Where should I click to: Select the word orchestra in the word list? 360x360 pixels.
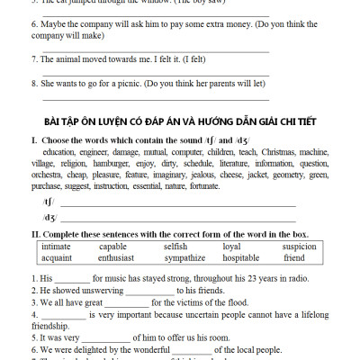click(48, 176)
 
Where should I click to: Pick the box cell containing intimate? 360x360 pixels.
click(56, 246)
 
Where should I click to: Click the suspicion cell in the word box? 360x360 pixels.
click(299, 246)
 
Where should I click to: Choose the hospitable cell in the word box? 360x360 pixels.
click(240, 257)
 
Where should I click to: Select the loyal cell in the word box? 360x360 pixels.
click(231, 246)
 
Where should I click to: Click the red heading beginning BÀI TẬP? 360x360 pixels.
click(178, 121)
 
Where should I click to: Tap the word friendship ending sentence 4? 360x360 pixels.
click(51, 327)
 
